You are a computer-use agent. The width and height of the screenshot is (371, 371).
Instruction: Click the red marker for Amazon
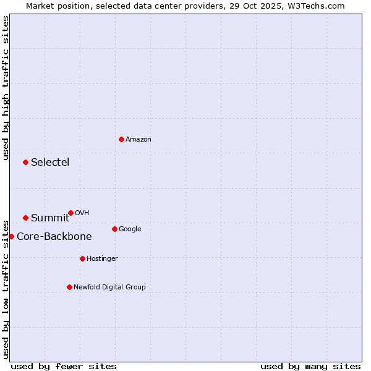pos(121,139)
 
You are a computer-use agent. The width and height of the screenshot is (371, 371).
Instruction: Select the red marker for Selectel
pos(25,162)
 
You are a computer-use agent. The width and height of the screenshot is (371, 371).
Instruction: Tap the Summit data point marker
pos(25,218)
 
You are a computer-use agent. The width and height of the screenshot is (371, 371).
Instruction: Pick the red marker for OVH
pos(70,213)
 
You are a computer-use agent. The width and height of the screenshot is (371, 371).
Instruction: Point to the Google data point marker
pos(114,229)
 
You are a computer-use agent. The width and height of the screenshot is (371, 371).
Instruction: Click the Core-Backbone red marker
pos(11,236)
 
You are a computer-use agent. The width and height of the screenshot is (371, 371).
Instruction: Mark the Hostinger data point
pos(82,258)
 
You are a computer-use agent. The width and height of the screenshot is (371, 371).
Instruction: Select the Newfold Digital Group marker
pos(69,287)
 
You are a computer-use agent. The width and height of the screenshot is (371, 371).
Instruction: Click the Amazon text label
pos(139,140)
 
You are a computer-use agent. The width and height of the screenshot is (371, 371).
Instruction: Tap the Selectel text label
pos(50,163)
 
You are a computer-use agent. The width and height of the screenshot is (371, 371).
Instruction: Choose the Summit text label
pos(50,218)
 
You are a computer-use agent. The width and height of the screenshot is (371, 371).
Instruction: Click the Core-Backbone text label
pos(54,237)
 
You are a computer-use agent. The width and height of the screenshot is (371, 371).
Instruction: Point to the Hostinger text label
pos(102,258)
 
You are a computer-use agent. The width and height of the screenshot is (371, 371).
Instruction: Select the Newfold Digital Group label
pos(109,287)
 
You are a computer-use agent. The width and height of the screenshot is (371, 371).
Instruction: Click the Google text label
pos(130,229)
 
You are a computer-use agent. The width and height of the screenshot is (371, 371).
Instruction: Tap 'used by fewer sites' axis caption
pos(64,366)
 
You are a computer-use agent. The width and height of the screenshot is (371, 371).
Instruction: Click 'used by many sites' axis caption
pos(310,366)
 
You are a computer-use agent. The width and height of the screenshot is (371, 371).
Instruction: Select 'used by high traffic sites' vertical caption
pos(6,88)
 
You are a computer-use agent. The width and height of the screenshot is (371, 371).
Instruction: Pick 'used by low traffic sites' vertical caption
pos(6,289)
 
